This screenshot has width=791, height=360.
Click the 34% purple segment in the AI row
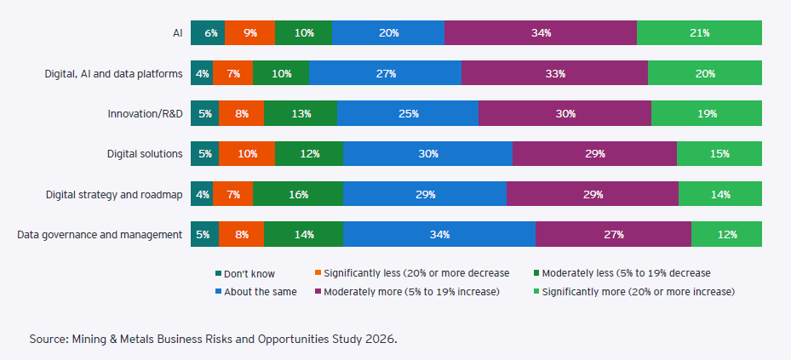tap(540, 33)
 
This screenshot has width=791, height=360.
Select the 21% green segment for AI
tap(699, 33)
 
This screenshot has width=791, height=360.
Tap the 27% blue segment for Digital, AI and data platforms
tap(385, 73)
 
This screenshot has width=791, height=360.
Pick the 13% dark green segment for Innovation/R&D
tap(300, 113)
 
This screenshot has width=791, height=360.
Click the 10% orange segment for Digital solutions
tap(247, 154)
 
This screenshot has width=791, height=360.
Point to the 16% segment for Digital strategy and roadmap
tap(298, 194)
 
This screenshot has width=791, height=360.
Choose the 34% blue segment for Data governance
tap(439, 234)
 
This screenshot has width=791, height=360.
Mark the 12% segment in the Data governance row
tap(726, 234)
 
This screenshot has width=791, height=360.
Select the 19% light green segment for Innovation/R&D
tap(706, 113)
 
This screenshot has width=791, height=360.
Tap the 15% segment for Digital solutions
tap(719, 154)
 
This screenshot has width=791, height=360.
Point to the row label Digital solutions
tap(145, 154)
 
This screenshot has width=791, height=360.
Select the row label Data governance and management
tap(100, 234)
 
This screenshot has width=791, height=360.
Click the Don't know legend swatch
tap(219, 273)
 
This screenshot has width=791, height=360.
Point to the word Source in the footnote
tap(48, 340)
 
